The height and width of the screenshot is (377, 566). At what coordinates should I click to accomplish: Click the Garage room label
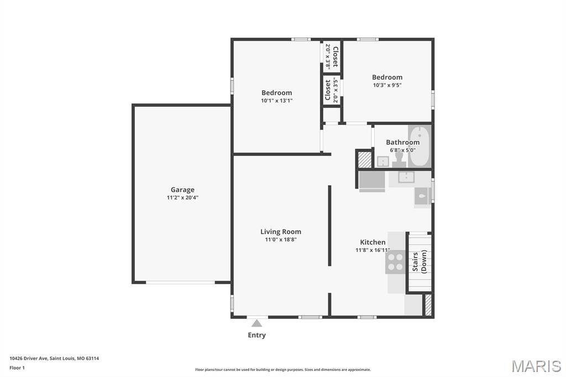point(182,190)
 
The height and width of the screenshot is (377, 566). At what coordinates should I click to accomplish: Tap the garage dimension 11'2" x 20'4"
point(182,197)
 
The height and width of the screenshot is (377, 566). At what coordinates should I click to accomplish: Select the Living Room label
point(281,232)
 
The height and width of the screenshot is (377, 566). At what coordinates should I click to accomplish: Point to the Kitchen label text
point(373,242)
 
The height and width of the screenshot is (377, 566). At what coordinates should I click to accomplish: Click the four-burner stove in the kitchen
point(395,261)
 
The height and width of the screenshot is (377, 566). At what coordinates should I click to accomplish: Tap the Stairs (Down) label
point(419,261)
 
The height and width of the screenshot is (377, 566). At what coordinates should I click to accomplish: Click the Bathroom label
point(402,142)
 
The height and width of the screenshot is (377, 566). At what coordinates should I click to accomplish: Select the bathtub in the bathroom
point(420,146)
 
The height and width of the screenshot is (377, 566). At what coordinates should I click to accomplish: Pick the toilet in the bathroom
point(399,159)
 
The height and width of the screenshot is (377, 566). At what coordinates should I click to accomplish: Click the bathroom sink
point(382,161)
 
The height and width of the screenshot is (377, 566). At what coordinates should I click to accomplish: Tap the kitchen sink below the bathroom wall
point(406,177)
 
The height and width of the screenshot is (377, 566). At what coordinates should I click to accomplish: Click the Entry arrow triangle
point(256,323)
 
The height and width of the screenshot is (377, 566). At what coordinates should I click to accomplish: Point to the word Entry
point(256,335)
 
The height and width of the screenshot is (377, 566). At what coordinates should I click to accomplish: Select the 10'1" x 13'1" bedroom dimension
point(276,101)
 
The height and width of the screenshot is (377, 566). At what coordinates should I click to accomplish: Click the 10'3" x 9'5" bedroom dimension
point(387,85)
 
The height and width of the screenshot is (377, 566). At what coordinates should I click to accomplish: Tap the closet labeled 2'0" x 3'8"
point(332,56)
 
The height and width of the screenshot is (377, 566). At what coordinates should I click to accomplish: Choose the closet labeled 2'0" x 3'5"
point(332,90)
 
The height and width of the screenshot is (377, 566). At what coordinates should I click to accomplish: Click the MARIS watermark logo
point(536,366)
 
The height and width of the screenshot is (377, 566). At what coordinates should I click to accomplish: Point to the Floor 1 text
point(18,368)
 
